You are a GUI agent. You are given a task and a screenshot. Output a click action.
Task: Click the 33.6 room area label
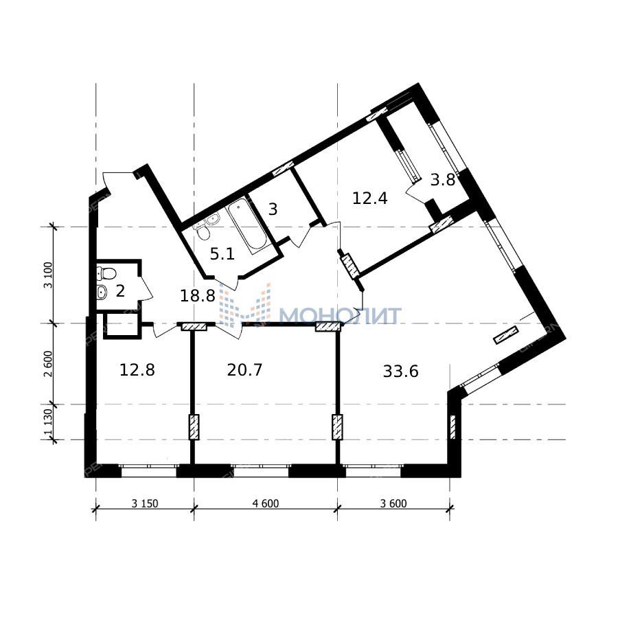click(x=400, y=371)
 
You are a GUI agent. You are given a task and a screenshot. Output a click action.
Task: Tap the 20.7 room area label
click(x=244, y=370)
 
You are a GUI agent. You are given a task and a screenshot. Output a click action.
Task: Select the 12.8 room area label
click(x=137, y=370)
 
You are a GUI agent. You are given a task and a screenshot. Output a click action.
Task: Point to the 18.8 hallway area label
click(x=198, y=295)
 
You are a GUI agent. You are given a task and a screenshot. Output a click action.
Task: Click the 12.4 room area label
click(x=369, y=198)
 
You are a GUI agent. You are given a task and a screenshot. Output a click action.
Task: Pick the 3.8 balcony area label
click(x=443, y=180)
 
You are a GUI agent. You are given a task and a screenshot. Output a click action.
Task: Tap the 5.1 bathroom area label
click(x=222, y=254)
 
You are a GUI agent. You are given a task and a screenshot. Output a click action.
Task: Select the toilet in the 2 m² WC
click(x=106, y=273)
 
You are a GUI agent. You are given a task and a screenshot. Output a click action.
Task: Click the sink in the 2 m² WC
click(x=102, y=292)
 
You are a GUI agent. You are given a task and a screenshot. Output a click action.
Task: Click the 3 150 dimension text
click(x=145, y=503)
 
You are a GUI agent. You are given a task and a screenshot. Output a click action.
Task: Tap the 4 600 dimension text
click(x=265, y=503)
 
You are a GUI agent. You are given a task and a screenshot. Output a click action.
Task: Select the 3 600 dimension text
click(x=393, y=503)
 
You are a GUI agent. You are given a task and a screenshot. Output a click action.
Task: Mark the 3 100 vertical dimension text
click(x=49, y=275)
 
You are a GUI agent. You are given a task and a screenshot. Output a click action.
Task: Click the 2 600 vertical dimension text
click(x=49, y=364)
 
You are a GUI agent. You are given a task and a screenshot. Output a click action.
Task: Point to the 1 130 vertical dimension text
click(x=49, y=422)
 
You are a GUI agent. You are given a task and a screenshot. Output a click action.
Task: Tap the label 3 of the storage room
click(x=273, y=209)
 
